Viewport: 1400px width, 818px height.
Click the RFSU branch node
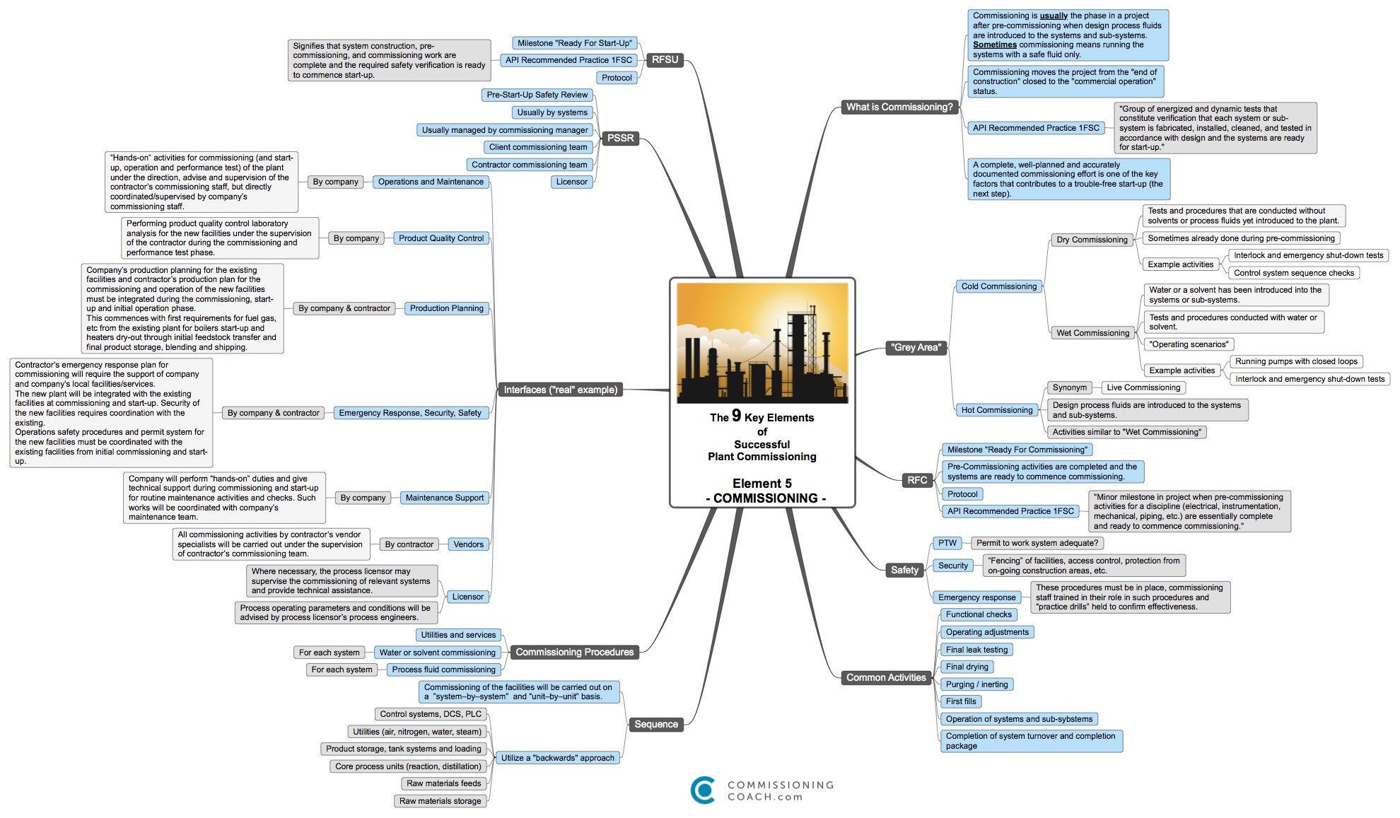665,60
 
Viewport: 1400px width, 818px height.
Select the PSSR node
620,139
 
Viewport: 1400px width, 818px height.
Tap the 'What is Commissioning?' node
899,107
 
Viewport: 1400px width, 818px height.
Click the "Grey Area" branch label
916,347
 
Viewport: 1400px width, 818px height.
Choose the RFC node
917,481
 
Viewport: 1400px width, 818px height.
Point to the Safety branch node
904,570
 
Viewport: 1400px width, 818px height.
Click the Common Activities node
886,677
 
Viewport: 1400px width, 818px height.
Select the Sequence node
655,724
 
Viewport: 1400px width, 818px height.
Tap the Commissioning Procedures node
574,652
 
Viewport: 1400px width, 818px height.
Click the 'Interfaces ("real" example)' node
560,390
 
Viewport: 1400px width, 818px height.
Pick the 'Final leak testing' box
976,650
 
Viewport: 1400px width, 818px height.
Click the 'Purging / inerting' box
976,684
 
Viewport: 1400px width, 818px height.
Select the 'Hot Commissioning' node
996,410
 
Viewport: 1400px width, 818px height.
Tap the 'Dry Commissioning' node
1092,240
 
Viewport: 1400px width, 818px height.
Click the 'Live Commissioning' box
1143,387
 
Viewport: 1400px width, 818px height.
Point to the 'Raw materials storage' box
440,801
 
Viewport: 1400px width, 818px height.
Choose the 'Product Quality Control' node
441,238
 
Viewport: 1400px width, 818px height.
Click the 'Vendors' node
468,544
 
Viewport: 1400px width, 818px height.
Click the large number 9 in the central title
736,416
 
